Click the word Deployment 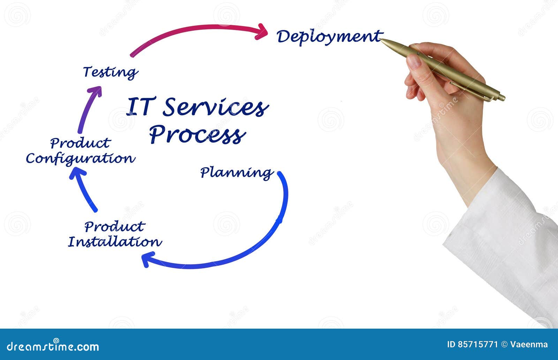click(x=328, y=37)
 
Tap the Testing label click(x=110, y=72)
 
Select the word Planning click(x=236, y=173)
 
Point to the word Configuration click(x=80, y=159)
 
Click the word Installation click(x=115, y=242)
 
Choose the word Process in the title click(x=197, y=135)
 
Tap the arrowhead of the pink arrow click(x=262, y=31)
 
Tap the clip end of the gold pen click(x=500, y=97)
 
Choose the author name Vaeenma click(x=529, y=345)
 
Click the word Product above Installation click(x=114, y=227)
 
